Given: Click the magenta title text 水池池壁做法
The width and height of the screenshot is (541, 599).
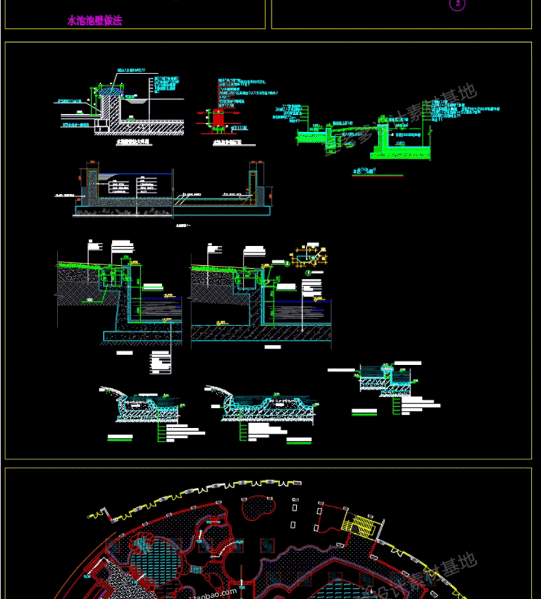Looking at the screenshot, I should (95, 21).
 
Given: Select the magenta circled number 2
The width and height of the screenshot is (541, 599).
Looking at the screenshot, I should (457, 4).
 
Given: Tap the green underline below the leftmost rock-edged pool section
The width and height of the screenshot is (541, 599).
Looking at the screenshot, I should (120, 439).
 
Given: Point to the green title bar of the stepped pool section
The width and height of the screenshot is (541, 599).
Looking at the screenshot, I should (364, 413).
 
